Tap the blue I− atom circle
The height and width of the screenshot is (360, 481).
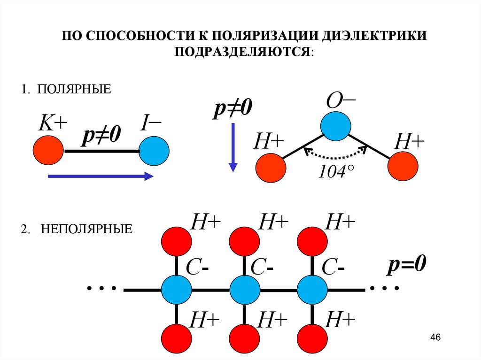pos(154,151)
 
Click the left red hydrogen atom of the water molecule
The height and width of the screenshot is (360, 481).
pos(270,168)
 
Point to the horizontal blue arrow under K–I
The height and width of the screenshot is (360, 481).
pos(101,176)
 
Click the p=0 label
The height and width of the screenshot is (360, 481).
pos(406,265)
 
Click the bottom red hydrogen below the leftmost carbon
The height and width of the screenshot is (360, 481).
pos(177,339)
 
